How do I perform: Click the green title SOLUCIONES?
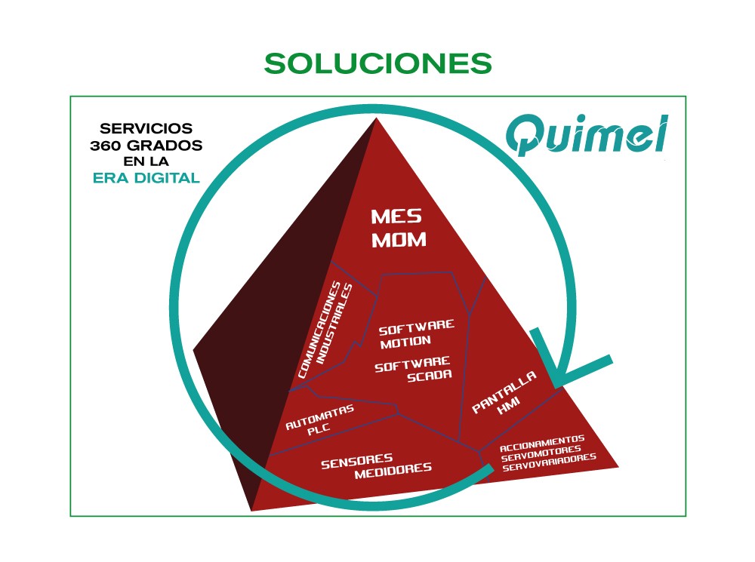click(377, 63)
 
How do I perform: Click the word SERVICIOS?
click(146, 128)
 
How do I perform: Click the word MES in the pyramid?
click(396, 217)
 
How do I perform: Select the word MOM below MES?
click(399, 241)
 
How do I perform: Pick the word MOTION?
click(405, 342)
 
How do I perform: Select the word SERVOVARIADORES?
click(549, 459)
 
